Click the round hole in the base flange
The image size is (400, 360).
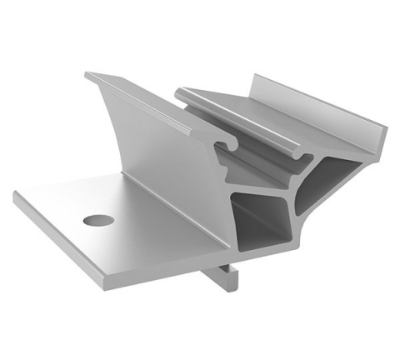click(x=98, y=221)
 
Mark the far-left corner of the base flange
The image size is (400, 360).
click(x=16, y=197)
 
